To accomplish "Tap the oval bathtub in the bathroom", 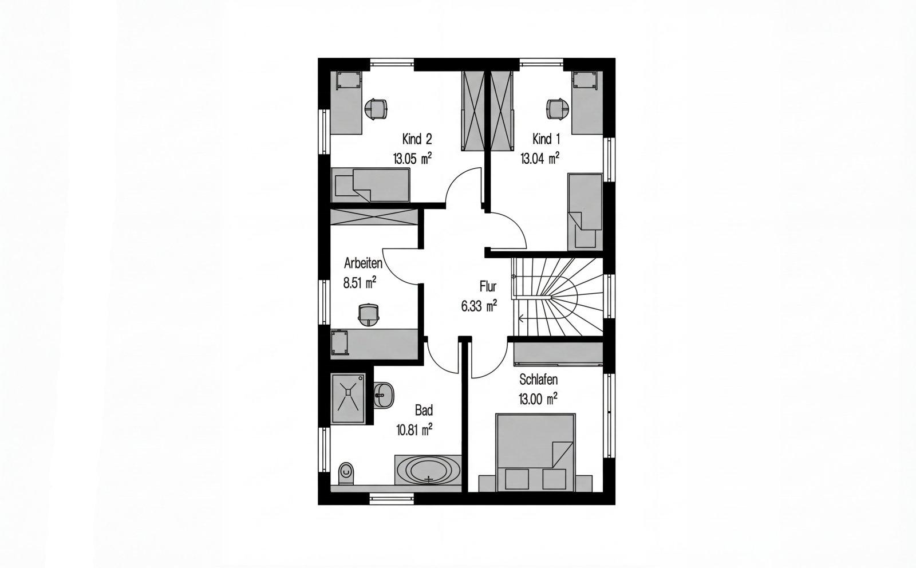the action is [x=428, y=470].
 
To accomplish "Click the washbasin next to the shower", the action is [x=383, y=395].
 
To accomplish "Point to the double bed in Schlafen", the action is [x=535, y=452].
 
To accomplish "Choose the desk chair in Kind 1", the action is [x=558, y=109].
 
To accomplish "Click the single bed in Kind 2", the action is [x=370, y=185].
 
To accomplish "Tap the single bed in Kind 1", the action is [x=585, y=212].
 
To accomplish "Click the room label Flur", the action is [x=488, y=286].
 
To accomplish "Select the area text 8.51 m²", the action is [x=360, y=283].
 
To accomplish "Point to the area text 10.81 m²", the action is [x=414, y=429].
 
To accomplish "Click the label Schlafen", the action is [x=539, y=380].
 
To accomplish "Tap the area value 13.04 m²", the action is [x=540, y=158].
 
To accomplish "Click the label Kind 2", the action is [x=417, y=139].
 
